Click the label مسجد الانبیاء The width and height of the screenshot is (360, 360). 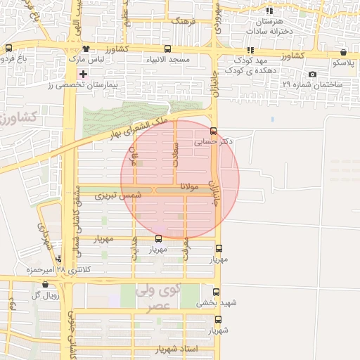click(x=167, y=60)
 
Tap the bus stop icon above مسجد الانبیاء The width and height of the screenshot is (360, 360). click(x=167, y=49)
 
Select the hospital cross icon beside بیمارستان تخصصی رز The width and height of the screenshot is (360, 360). click(x=84, y=74)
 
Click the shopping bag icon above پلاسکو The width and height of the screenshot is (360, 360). click(x=343, y=52)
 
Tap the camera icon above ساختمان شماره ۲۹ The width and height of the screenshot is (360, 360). click(x=312, y=75)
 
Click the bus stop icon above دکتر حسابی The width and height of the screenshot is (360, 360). click(x=214, y=130)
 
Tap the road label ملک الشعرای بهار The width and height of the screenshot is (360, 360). click(x=141, y=127)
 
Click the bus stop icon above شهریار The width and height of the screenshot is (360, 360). click(x=218, y=320)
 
